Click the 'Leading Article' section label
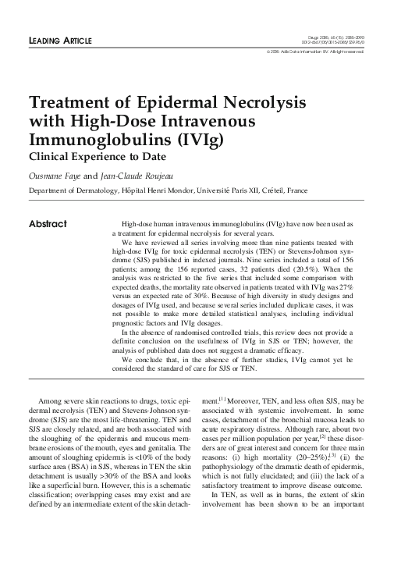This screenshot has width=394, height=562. (60, 39)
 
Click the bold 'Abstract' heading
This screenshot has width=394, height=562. (48, 224)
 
